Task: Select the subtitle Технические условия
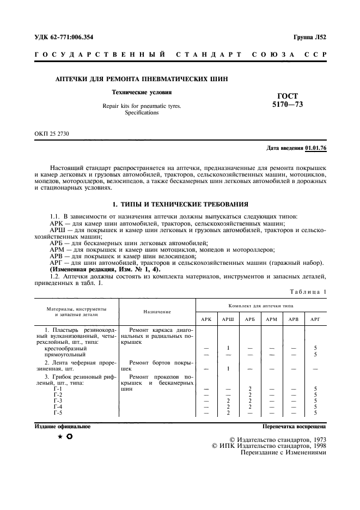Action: [142, 92]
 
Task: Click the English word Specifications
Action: [142, 112]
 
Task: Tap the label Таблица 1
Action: [308, 292]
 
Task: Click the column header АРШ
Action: [229, 319]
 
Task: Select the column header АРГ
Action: [315, 319]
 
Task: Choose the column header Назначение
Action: [158, 312]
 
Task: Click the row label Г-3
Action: [58, 400]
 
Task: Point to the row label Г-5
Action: [58, 412]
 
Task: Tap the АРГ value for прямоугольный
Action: [315, 354]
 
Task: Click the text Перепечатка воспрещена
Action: [294, 427]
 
